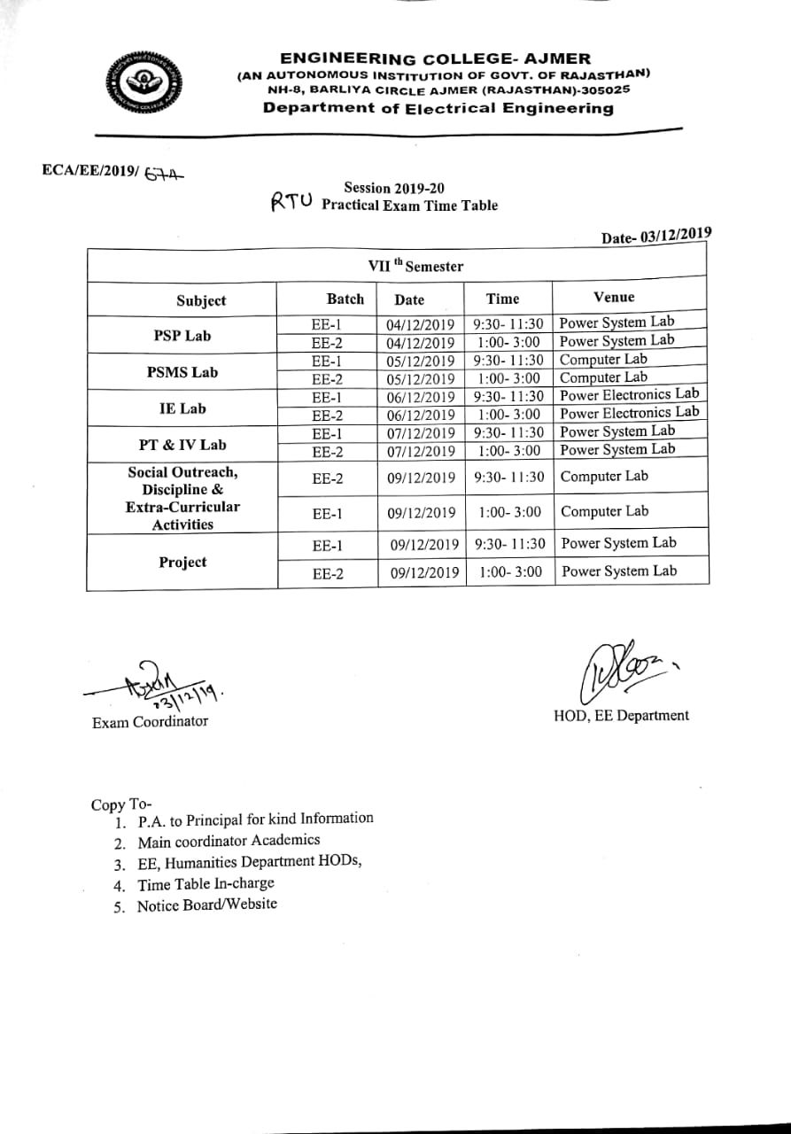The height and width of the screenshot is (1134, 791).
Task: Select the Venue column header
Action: tap(614, 297)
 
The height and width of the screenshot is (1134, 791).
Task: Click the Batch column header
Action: tap(345, 299)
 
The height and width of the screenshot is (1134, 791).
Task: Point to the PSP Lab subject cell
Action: tap(182, 336)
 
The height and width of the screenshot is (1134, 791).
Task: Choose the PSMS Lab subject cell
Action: tap(182, 372)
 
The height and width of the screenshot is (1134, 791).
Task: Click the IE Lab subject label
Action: tap(182, 408)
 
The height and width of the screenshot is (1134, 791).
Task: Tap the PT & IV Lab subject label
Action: tap(182, 445)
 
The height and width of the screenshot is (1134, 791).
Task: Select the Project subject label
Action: tap(182, 563)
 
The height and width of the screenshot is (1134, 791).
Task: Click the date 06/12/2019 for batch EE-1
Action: tap(421, 397)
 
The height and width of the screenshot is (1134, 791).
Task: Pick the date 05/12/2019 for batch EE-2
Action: tap(421, 379)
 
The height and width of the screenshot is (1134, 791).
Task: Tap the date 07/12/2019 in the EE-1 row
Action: tap(421, 433)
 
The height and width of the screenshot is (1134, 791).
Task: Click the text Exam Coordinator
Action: tap(150, 722)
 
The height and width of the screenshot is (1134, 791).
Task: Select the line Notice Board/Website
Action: tap(206, 905)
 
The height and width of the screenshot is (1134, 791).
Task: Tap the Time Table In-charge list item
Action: tap(206, 883)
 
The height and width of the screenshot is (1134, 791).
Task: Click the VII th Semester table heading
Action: tap(415, 265)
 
